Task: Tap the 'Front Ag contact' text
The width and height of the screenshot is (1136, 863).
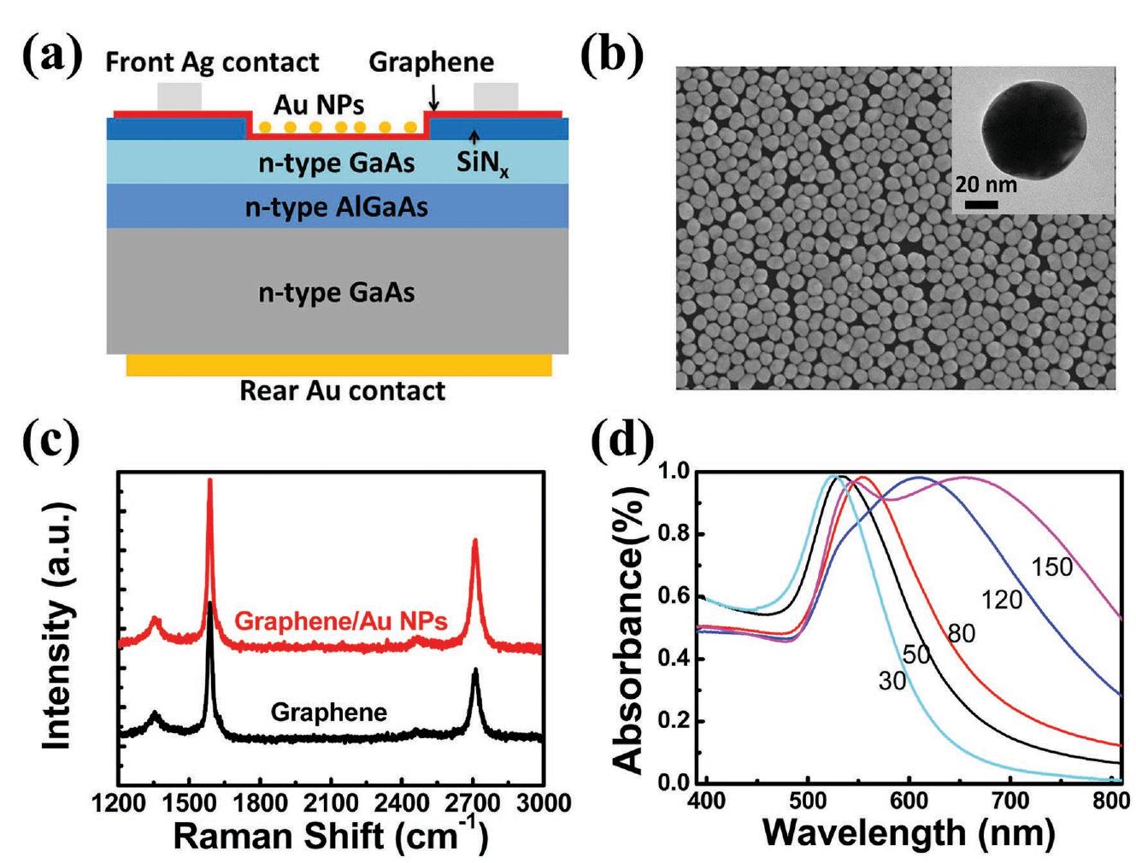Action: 211,62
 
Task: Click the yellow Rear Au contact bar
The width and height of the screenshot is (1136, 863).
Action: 338,365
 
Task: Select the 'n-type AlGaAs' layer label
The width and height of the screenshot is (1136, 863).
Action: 336,208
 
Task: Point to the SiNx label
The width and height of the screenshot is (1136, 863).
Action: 481,161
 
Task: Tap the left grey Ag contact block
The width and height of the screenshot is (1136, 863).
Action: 179,97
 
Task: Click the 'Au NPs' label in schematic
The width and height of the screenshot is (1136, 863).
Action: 318,105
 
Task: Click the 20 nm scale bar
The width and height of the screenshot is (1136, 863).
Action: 982,204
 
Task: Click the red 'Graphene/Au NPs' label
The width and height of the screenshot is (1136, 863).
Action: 340,621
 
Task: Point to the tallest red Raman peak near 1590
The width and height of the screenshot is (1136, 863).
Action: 209,484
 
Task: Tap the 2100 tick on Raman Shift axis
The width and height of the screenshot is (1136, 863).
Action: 331,803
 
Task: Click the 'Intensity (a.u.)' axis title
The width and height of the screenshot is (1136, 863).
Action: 58,627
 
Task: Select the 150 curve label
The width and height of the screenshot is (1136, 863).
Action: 1051,567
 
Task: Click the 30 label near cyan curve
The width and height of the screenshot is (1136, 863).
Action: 891,682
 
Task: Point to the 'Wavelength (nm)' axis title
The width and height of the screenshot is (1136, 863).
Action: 908,831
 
